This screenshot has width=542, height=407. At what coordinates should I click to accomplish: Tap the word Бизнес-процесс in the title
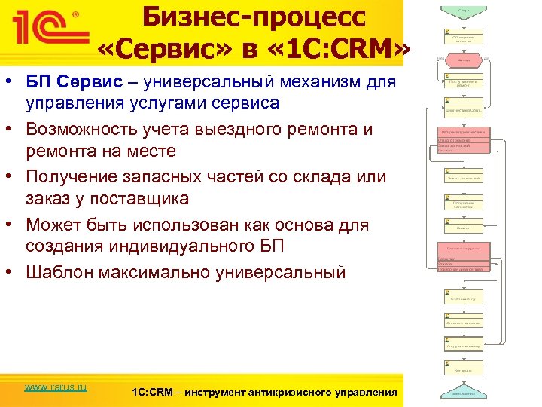coord(253,17)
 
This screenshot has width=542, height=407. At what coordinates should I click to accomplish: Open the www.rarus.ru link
coord(56,387)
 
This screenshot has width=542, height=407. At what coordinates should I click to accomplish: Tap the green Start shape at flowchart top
coord(461,10)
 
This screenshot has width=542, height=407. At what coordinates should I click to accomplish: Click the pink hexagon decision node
coord(461,58)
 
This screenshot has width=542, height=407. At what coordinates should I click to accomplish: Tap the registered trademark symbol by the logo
coord(74,13)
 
